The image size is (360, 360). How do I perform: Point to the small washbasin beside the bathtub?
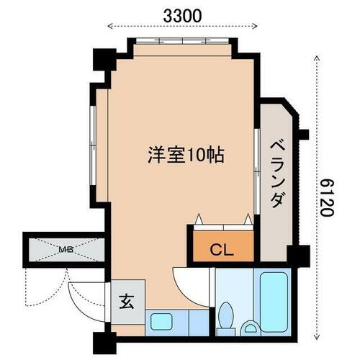251,328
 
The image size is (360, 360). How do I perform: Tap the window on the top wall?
182,42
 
